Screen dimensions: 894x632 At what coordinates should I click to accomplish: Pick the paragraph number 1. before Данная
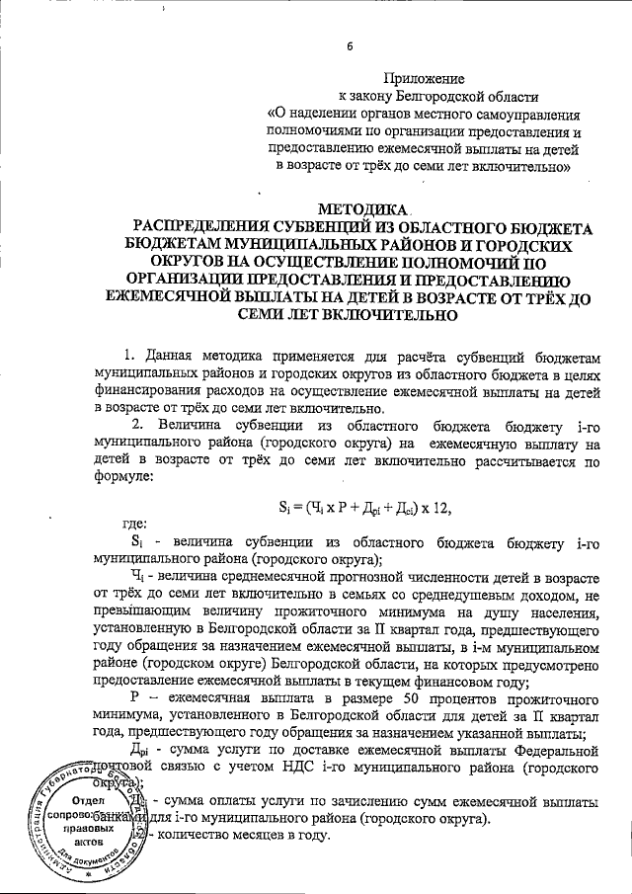(x=128, y=355)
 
